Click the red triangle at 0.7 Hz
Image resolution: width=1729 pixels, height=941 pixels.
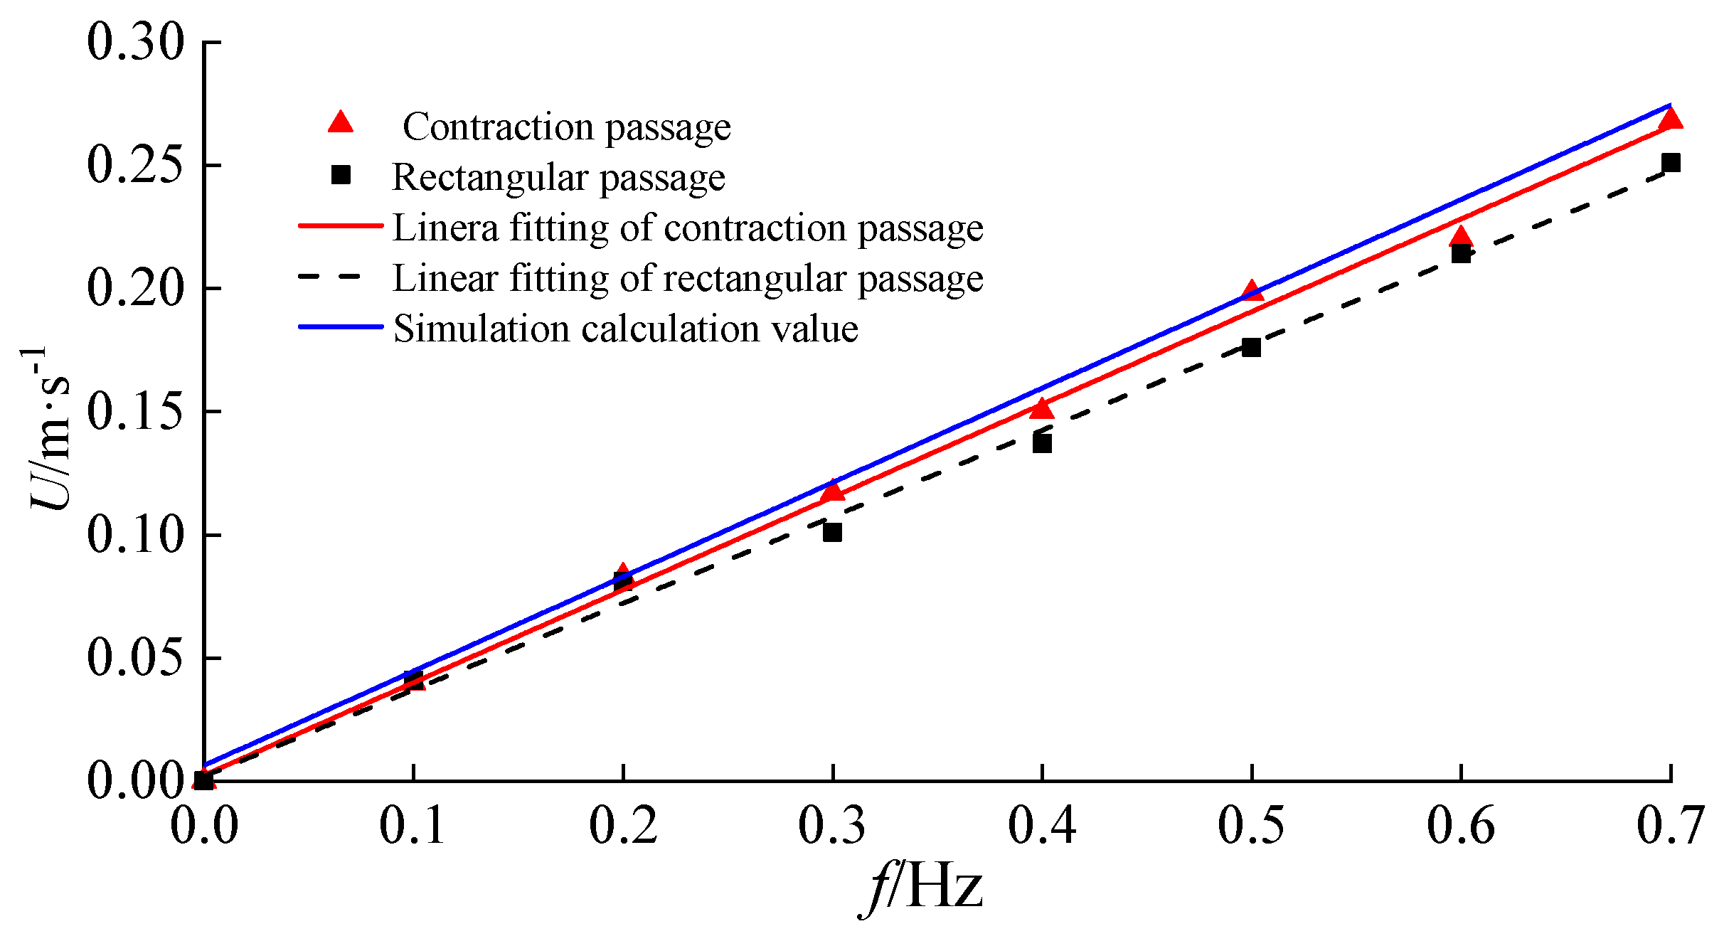[x=1671, y=119]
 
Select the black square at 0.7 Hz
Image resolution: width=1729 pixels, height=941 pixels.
[x=1671, y=163]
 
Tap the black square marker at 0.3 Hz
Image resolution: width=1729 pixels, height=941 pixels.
[x=832, y=532]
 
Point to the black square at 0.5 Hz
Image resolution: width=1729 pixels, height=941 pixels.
[x=1251, y=348]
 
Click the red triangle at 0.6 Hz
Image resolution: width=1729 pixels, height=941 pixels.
[x=1461, y=237]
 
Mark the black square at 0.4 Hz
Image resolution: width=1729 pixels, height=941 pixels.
[x=1042, y=443]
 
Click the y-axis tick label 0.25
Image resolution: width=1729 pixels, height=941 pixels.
[x=135, y=165]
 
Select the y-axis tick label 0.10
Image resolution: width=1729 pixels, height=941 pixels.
[x=135, y=535]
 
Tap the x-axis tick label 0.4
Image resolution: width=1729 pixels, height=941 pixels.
[x=1041, y=826]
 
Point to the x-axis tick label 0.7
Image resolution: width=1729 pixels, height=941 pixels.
[x=1670, y=826]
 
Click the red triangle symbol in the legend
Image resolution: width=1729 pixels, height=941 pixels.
[x=341, y=123]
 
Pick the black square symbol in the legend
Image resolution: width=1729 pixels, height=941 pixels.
[x=341, y=175]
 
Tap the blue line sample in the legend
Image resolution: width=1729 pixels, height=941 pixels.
[x=341, y=326]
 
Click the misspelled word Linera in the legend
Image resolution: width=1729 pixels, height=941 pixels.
[x=445, y=228]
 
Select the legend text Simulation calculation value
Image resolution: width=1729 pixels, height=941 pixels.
[x=626, y=329]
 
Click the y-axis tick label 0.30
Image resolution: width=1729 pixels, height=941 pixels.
[x=135, y=42]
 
